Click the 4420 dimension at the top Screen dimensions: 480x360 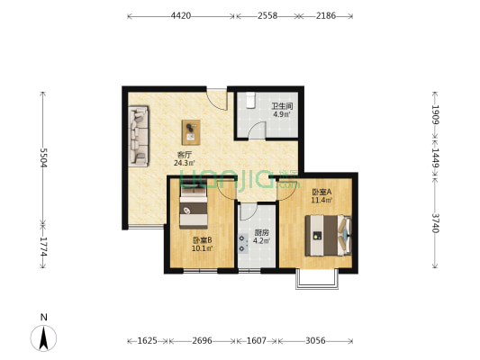(181, 15)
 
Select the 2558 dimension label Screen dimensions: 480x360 (267, 15)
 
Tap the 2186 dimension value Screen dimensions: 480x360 (326, 15)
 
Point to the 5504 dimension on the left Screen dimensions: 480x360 (43, 157)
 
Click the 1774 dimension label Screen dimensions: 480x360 (43, 247)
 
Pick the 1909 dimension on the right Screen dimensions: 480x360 (435, 114)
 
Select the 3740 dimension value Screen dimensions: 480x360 (435, 223)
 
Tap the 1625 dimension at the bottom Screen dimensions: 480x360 (148, 340)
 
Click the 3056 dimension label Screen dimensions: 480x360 (315, 340)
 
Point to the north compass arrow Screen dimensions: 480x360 (44, 338)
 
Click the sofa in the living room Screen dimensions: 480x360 (139, 136)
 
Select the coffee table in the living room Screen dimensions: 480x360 (191, 132)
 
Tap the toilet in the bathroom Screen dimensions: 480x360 (250, 100)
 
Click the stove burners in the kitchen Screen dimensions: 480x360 (243, 243)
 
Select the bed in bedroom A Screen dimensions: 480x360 (328, 235)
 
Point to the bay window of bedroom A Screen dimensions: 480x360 (317, 279)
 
